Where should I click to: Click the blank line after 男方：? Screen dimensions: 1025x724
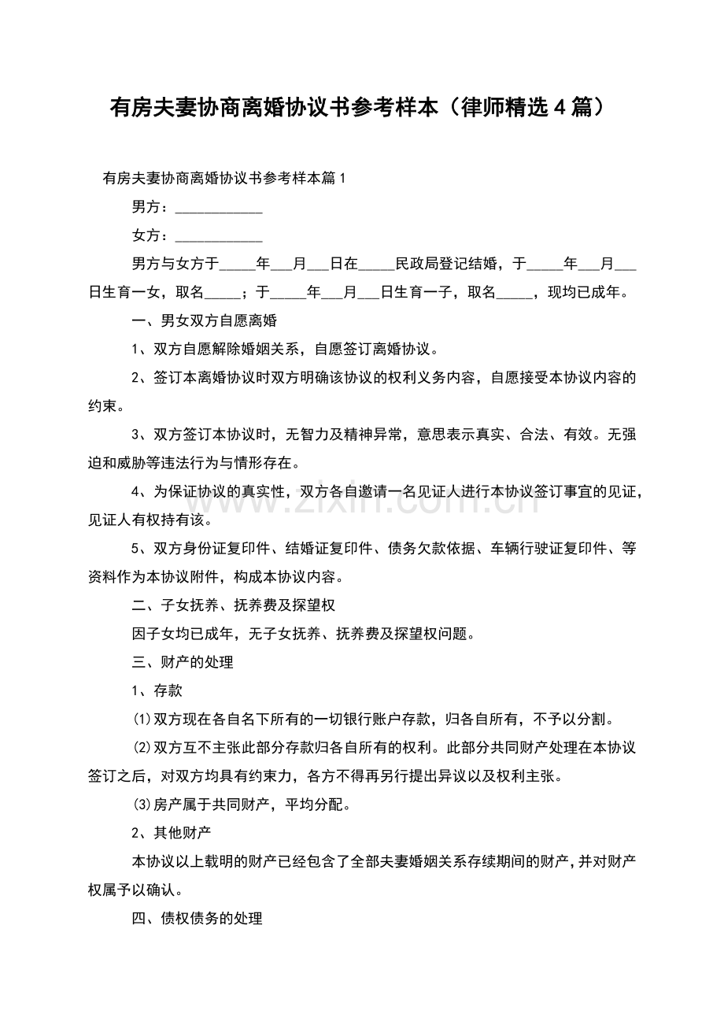coord(218,209)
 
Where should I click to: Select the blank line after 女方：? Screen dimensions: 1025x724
coord(218,236)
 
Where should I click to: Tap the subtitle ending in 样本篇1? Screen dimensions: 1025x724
coord(224,179)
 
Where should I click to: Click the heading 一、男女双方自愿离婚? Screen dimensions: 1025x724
coord(203,320)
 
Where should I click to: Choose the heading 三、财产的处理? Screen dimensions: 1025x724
coord(182,662)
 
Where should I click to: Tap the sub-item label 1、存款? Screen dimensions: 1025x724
coord(157,690)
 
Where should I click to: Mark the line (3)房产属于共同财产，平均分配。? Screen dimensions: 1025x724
coord(242,805)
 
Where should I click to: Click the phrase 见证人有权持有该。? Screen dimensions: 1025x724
coord(146,520)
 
